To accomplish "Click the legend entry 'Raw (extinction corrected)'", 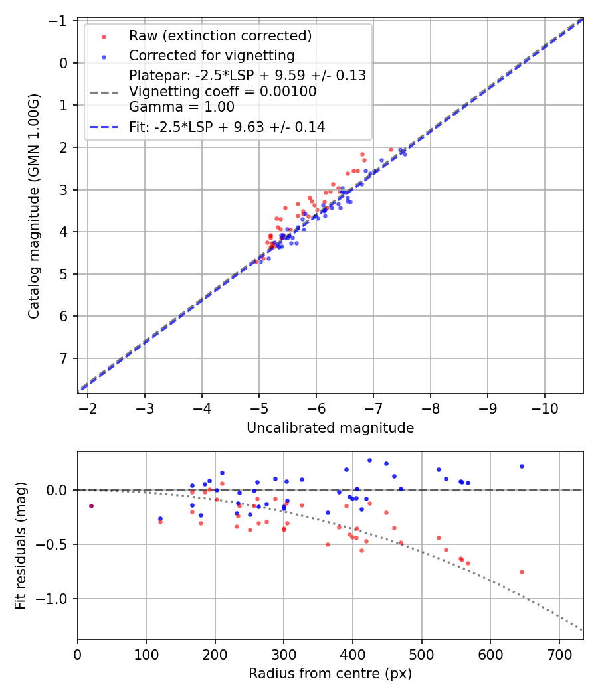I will (x=220, y=35).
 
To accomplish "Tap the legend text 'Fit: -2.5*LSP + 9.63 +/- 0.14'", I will (x=227, y=127).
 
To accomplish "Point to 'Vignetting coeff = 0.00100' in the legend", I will (x=223, y=91).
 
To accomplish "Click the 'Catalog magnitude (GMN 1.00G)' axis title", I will (x=34, y=206).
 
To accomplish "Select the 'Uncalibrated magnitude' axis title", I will (x=330, y=428).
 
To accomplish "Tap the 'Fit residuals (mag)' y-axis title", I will (x=21, y=546).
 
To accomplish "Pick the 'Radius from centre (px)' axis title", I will (x=330, y=674).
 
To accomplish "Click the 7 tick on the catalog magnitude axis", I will (x=65, y=358).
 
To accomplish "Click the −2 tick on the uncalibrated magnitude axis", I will (x=88, y=407).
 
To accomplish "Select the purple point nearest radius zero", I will (x=91, y=506).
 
